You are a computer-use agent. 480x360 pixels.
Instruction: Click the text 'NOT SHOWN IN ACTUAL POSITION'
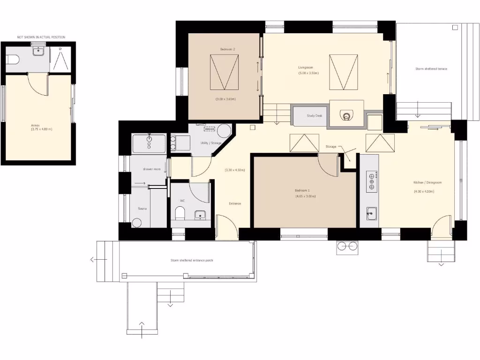pyautogui.click(x=41, y=37)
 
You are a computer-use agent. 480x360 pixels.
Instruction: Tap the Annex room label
pyautogui.click(x=35, y=125)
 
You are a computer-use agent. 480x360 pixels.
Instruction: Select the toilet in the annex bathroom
pyautogui.click(x=13, y=60)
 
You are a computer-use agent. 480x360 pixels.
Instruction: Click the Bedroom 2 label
pyautogui.click(x=227, y=49)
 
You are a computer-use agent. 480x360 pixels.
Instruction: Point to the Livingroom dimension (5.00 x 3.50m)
pyautogui.click(x=308, y=73)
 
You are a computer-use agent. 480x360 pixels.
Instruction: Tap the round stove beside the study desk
pyautogui.click(x=346, y=115)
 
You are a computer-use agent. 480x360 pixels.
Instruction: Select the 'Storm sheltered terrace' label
pyautogui.click(x=431, y=69)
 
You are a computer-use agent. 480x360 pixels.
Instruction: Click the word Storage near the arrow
pyautogui.click(x=331, y=147)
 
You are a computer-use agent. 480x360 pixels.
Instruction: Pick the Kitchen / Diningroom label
pyautogui.click(x=427, y=182)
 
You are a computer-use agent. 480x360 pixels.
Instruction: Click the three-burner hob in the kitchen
pyautogui.click(x=372, y=181)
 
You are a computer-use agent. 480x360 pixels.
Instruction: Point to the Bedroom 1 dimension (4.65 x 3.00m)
pyautogui.click(x=305, y=196)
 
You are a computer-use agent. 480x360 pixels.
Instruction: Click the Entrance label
pyautogui.click(x=235, y=203)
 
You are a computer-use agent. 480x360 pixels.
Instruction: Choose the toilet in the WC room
pyautogui.click(x=179, y=214)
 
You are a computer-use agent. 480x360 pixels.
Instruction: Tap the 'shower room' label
pyautogui.click(x=151, y=169)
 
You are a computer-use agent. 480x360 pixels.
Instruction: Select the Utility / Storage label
pyautogui.click(x=211, y=143)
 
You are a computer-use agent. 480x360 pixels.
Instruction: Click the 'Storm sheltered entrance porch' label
pyautogui.click(x=192, y=260)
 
